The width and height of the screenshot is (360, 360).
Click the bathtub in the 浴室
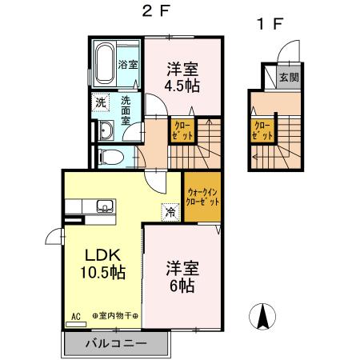click(x=105, y=64)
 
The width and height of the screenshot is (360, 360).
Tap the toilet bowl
click(x=111, y=157)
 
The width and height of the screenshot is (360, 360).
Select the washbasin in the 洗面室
click(x=106, y=130)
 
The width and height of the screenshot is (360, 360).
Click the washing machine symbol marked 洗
click(x=101, y=102)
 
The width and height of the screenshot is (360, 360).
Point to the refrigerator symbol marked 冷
click(x=170, y=212)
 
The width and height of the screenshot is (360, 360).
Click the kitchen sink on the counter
click(x=105, y=206)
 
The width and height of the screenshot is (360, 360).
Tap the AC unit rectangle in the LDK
click(x=76, y=324)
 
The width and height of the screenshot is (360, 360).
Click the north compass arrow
click(x=262, y=316)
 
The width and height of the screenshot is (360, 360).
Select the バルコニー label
click(x=116, y=343)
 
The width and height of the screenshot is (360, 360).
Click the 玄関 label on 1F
click(x=289, y=78)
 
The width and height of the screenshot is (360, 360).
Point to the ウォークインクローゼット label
click(x=202, y=197)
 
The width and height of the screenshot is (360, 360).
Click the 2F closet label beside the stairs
click(x=182, y=130)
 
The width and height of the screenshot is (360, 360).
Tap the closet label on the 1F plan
click(x=262, y=130)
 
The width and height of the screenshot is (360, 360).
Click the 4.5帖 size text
click(x=182, y=86)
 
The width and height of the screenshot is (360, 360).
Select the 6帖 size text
click(x=182, y=286)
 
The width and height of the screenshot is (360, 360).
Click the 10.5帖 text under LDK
click(x=103, y=272)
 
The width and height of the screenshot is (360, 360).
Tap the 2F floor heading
click(x=156, y=11)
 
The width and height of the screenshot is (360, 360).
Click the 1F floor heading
click(x=270, y=24)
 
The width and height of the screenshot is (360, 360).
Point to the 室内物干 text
click(x=115, y=316)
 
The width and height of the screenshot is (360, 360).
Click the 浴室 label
click(x=128, y=64)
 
